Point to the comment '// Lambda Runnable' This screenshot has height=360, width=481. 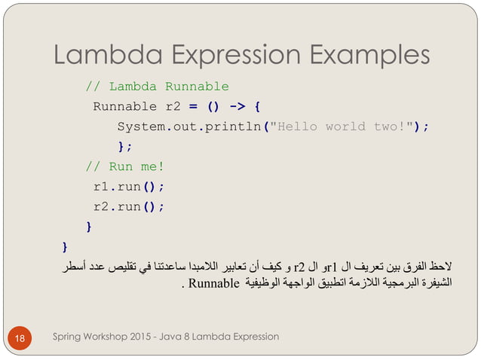(156, 86)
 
